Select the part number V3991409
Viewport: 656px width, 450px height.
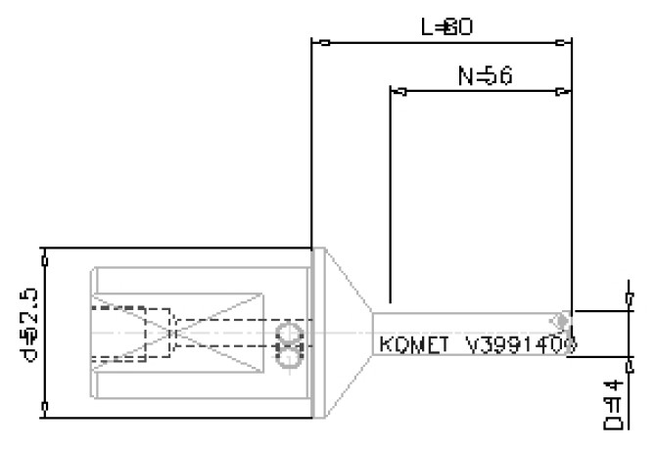pos(520,344)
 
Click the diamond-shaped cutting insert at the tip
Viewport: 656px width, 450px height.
pos(560,321)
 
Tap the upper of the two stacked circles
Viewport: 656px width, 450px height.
pos(289,334)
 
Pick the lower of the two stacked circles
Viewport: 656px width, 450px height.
pos(289,357)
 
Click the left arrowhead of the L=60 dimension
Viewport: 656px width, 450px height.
pos(324,43)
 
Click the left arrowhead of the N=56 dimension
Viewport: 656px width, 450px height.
pos(401,92)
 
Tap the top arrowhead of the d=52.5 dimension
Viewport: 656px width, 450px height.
pos(45,258)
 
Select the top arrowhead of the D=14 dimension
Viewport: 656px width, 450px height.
pos(627,295)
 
